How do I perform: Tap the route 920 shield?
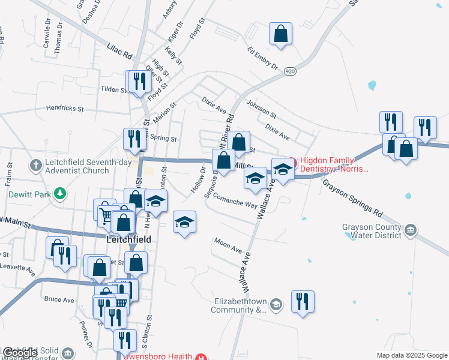[x=290, y=70]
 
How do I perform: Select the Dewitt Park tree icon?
[x=59, y=193]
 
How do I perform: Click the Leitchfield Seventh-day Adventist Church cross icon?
[x=36, y=164]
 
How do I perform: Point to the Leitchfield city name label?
[x=127, y=238]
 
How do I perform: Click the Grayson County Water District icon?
[x=411, y=229]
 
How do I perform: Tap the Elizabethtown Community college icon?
[x=276, y=304]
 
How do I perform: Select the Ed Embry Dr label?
[x=262, y=57]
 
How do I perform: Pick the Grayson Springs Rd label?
[x=352, y=197]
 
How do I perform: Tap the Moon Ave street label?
[x=228, y=245]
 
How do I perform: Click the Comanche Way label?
[x=235, y=201]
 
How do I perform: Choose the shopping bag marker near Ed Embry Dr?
[x=280, y=35]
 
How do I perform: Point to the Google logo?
[x=20, y=353]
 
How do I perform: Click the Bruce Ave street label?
[x=59, y=299]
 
